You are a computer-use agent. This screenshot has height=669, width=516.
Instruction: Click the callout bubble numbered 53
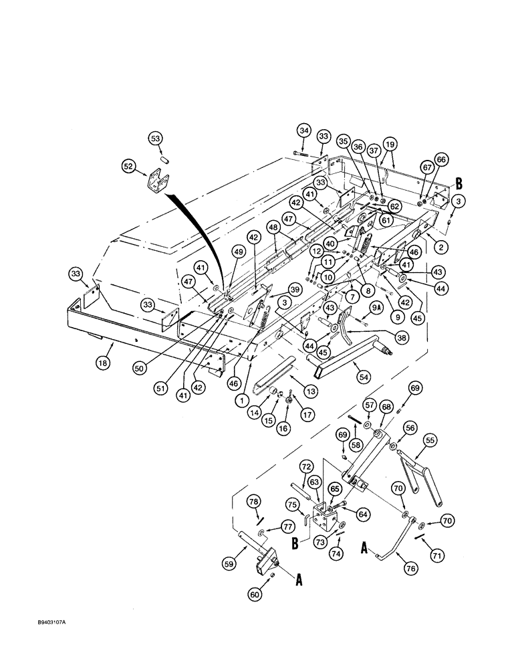[155, 138]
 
